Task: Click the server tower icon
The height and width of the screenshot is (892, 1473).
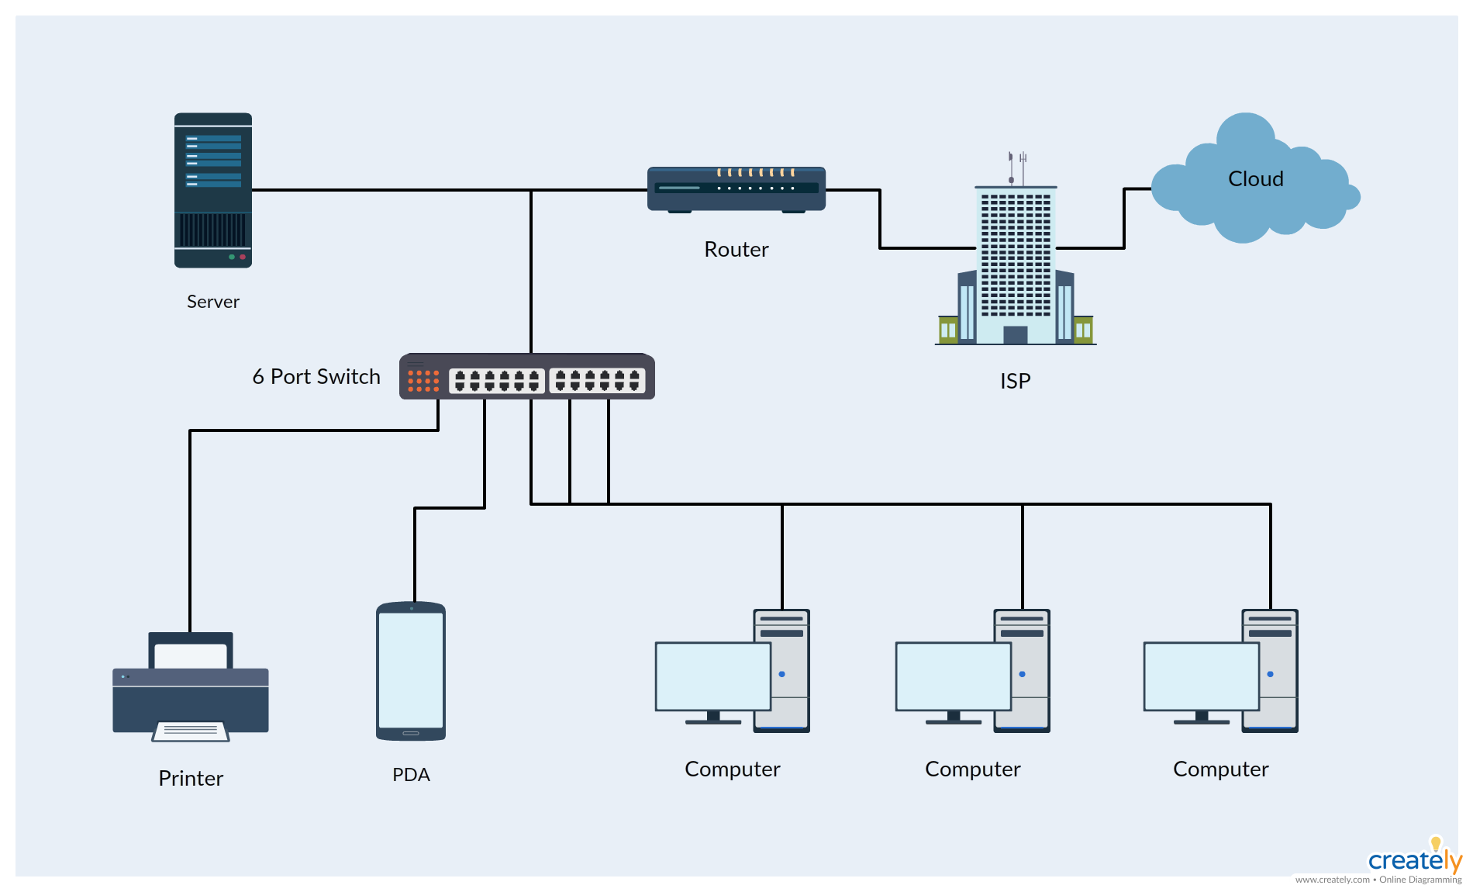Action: pos(213,190)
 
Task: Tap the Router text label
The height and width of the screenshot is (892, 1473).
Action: pos(736,250)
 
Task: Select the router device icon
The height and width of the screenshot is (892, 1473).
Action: pos(736,188)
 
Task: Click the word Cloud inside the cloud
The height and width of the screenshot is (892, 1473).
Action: pos(1255,179)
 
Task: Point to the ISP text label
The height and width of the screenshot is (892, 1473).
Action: pos(1015,382)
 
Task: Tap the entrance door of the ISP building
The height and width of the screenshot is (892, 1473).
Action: pos(1015,335)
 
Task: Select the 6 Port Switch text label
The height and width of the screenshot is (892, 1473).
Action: pos(316,377)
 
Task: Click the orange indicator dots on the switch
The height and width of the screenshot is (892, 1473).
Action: pos(423,380)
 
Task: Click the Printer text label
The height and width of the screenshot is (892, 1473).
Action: pos(191,779)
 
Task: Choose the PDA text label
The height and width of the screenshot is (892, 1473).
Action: pos(411,775)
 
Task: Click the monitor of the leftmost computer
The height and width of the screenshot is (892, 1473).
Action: pos(712,676)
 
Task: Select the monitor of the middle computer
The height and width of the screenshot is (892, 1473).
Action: pos(953,676)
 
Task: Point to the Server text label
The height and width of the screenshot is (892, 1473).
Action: pos(213,302)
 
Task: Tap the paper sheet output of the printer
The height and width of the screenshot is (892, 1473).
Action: pos(191,731)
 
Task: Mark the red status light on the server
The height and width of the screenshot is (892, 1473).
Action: pos(243,257)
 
